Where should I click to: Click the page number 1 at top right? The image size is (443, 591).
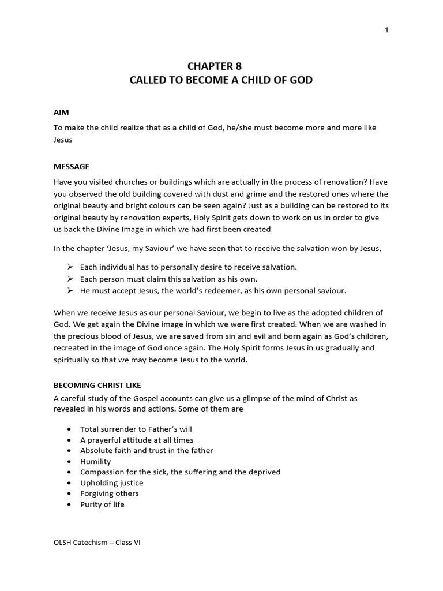point(387,30)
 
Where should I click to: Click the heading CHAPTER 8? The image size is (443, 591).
point(221,66)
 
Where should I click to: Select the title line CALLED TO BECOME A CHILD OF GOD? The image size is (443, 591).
point(221,80)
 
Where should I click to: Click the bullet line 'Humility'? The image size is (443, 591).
point(95,461)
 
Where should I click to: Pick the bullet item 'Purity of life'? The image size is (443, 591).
point(102,504)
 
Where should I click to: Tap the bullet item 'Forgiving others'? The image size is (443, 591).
point(109,493)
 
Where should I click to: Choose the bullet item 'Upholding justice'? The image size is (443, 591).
point(111,482)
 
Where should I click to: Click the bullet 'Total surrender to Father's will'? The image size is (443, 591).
point(136,429)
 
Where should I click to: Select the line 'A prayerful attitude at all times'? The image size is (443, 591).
point(137,440)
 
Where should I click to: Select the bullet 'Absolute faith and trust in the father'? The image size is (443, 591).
point(147,450)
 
